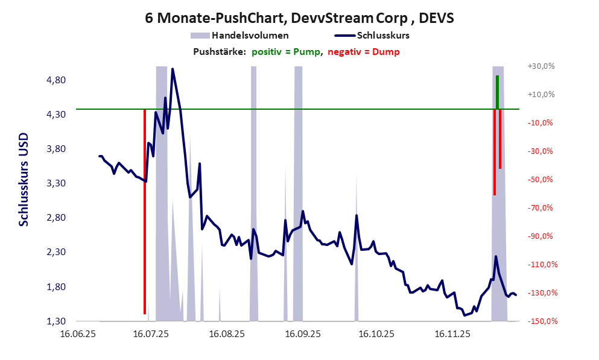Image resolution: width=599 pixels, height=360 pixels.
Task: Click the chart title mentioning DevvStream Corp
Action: click(x=299, y=18)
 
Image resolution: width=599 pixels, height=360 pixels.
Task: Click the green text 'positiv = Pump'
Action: click(x=287, y=52)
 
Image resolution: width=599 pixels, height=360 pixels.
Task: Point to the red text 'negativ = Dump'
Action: click(x=363, y=52)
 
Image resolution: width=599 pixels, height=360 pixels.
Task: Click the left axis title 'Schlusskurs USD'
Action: click(x=24, y=179)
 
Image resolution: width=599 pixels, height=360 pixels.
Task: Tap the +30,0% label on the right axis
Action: click(x=540, y=66)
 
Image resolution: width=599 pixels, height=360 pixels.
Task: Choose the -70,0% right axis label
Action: click(x=540, y=208)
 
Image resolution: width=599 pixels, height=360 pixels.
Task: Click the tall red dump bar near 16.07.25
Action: click(x=145, y=211)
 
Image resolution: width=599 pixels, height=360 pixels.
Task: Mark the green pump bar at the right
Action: click(x=497, y=92)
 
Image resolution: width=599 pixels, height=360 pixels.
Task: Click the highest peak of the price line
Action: click(x=173, y=69)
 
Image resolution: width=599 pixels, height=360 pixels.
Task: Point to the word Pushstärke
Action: click(x=219, y=52)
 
